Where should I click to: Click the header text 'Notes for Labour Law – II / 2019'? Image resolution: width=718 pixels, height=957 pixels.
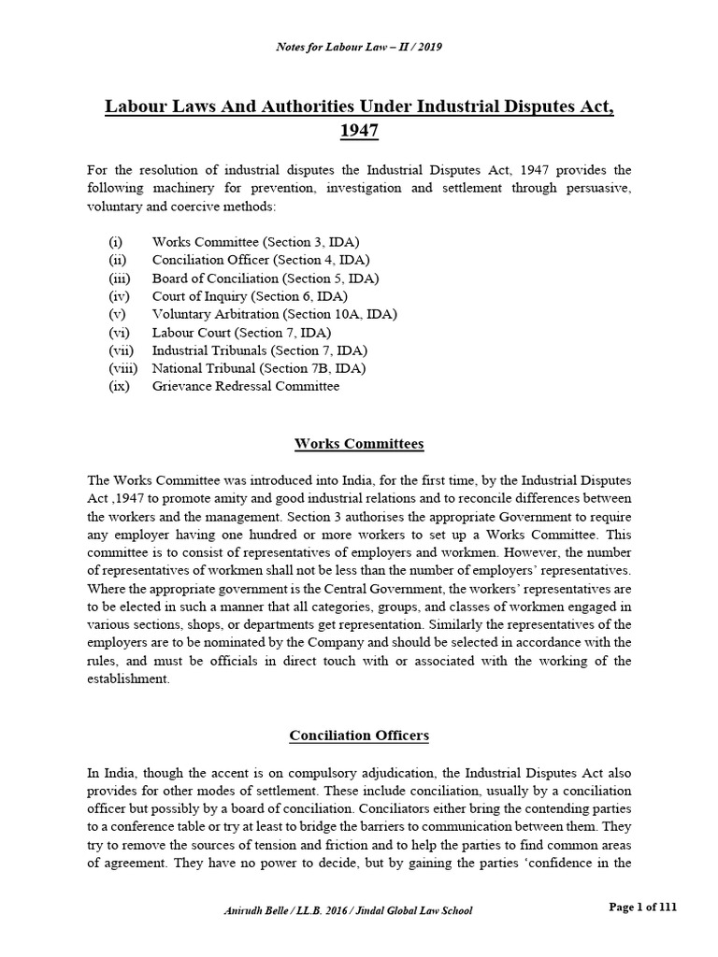click(358, 48)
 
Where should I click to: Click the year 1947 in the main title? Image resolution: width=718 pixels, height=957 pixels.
click(359, 130)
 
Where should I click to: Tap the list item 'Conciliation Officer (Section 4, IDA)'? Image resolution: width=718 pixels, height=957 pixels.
click(261, 260)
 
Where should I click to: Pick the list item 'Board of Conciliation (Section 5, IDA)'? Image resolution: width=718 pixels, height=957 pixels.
click(266, 278)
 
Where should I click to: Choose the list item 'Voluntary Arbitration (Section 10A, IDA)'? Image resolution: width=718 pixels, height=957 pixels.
click(274, 314)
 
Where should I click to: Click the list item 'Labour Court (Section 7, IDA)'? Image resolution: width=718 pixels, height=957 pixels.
click(242, 332)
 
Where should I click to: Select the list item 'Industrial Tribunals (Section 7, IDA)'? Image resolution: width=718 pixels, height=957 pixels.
click(260, 350)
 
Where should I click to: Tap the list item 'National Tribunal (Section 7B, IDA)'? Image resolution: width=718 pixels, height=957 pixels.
click(259, 367)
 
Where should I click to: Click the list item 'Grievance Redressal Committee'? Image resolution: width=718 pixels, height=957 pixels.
click(246, 385)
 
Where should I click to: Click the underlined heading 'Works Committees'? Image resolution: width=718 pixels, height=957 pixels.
click(359, 443)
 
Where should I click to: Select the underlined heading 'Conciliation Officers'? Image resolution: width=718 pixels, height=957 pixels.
click(359, 736)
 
